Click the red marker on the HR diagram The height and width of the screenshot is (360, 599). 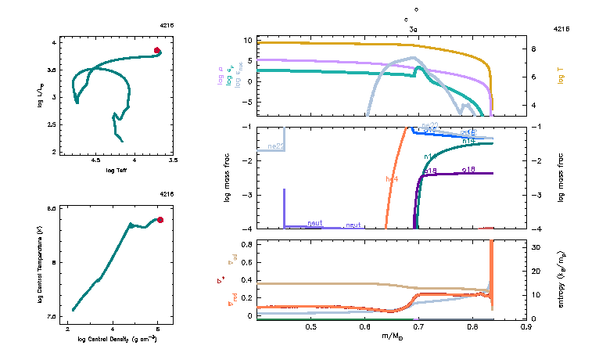click(157, 51)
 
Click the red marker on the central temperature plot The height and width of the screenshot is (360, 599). click(160, 220)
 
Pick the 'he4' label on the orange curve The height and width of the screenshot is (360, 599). click(392, 179)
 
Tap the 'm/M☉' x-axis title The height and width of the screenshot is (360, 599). click(391, 336)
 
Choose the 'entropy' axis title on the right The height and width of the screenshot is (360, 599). click(561, 279)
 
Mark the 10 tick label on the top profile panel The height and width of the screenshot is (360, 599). click(246, 40)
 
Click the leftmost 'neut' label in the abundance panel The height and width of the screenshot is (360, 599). click(314, 224)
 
